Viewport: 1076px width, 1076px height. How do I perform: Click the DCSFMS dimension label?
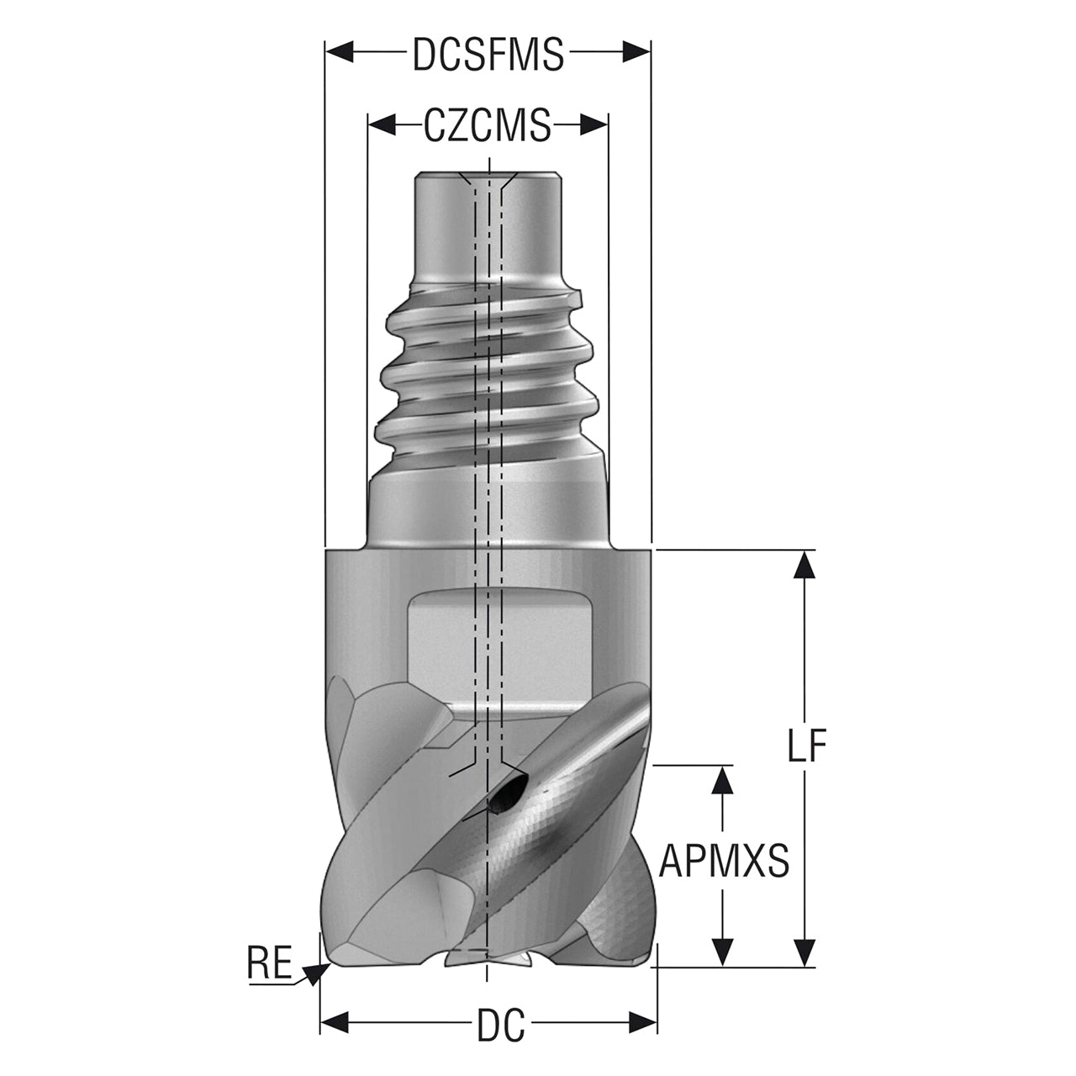(488, 54)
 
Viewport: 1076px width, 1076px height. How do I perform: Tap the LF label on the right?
(806, 745)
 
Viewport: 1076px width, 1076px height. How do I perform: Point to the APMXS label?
(725, 861)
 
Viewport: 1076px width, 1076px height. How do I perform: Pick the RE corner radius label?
(270, 962)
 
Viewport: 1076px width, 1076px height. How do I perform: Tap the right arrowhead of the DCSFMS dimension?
(636, 52)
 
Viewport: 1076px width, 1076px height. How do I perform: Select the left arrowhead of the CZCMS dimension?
(382, 124)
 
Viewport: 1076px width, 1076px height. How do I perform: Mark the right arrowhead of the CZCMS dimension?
(593, 124)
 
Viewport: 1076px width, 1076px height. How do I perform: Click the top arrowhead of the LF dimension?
(804, 565)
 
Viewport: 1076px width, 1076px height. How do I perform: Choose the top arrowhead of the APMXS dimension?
(724, 779)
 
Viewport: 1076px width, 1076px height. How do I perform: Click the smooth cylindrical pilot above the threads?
(488, 229)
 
